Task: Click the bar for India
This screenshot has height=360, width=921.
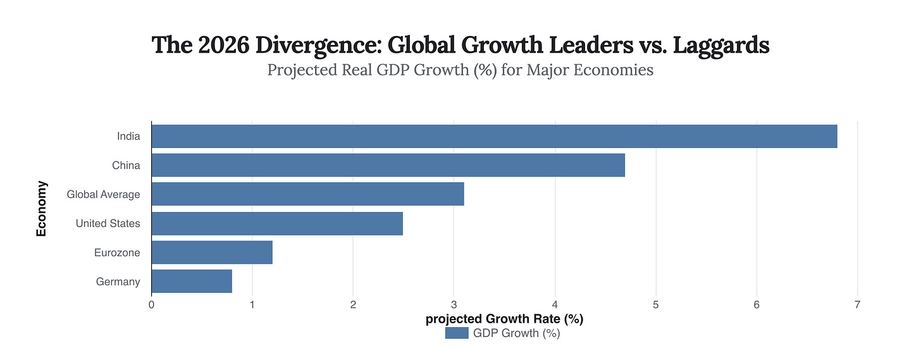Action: [494, 136]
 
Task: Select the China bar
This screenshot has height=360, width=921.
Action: [388, 165]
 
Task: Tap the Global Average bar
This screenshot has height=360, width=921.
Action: [307, 194]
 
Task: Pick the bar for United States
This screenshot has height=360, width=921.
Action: [277, 223]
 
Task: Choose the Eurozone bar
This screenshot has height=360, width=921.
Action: [212, 252]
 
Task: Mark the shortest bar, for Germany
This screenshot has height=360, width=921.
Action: [192, 282]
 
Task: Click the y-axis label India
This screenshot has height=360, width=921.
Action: [128, 136]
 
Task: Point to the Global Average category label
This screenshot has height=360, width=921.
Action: [103, 194]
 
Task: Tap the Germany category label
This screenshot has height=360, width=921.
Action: [118, 282]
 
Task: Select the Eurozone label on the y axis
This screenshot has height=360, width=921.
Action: [116, 252]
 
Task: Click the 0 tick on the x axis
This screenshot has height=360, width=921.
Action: [152, 304]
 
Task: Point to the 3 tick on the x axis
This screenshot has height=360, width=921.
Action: [454, 304]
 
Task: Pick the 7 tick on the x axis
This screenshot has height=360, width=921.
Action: [857, 304]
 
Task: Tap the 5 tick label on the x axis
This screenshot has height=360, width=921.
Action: [655, 304]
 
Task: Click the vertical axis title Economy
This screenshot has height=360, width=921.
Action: [42, 209]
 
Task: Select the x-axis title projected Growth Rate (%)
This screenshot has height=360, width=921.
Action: [504, 319]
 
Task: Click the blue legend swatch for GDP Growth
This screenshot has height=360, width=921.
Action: [456, 333]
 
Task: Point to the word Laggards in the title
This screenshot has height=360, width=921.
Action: [717, 46]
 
